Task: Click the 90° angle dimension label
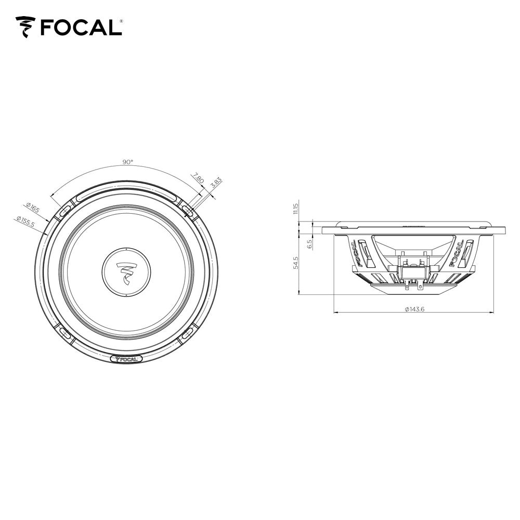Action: point(127,162)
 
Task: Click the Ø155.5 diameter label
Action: point(25,222)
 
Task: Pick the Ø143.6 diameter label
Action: point(414,309)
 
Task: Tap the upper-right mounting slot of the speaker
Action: point(188,210)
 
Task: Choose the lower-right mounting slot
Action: point(188,334)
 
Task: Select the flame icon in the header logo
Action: point(25,27)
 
